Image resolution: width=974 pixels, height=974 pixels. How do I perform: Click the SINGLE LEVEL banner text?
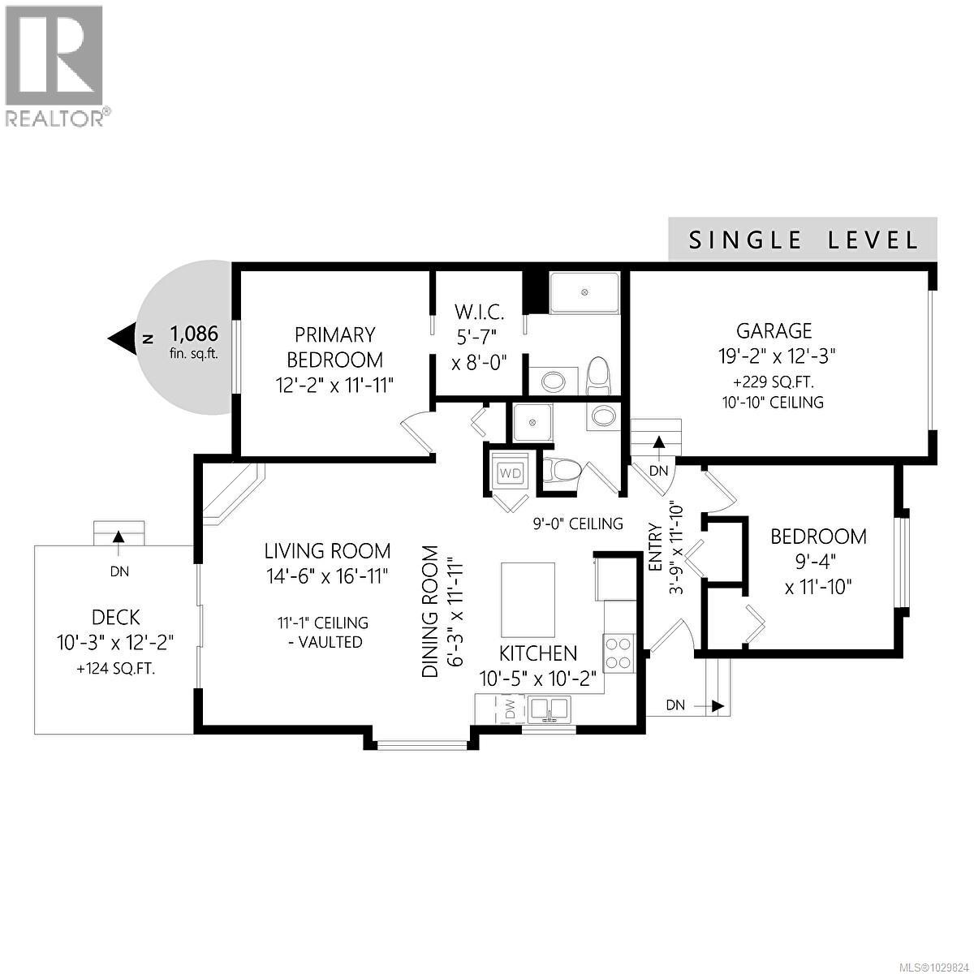[803, 240]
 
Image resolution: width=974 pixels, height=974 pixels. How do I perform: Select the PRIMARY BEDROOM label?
[334, 347]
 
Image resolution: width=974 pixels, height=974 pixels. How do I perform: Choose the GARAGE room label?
[774, 330]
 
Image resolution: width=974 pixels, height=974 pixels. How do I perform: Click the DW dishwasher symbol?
[510, 708]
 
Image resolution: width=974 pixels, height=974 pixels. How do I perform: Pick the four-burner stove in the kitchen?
[618, 653]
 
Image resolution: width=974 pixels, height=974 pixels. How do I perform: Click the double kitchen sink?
[550, 708]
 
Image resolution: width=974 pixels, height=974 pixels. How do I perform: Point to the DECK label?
[114, 617]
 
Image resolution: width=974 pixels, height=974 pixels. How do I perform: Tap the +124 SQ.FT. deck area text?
[115, 670]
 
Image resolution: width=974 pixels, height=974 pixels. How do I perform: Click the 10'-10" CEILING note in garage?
[773, 402]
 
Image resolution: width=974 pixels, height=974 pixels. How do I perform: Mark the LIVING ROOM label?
[327, 551]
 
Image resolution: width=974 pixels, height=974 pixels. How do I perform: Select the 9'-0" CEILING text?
[578, 524]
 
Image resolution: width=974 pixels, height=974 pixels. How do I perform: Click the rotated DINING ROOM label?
[430, 611]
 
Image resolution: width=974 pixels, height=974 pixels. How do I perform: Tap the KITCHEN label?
[538, 653]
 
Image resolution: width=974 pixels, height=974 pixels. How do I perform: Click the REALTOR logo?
[55, 65]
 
